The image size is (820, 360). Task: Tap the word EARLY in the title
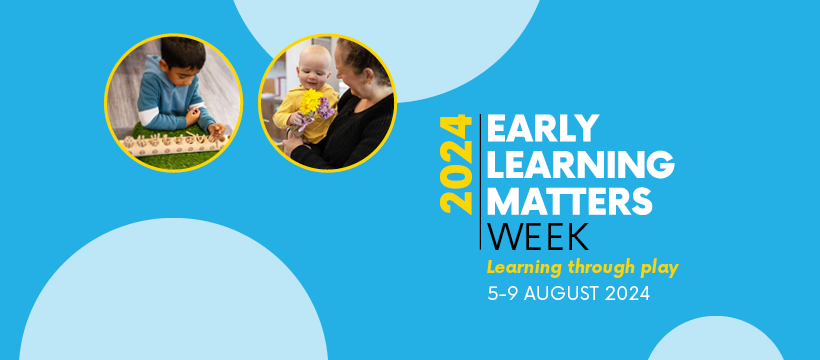pyautogui.click(x=542, y=129)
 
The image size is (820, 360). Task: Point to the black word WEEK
pyautogui.click(x=538, y=237)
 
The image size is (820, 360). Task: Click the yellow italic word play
pyautogui.click(x=656, y=268)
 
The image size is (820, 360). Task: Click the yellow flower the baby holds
pyautogui.click(x=311, y=102)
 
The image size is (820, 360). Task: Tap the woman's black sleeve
pyautogui.click(x=345, y=135)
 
